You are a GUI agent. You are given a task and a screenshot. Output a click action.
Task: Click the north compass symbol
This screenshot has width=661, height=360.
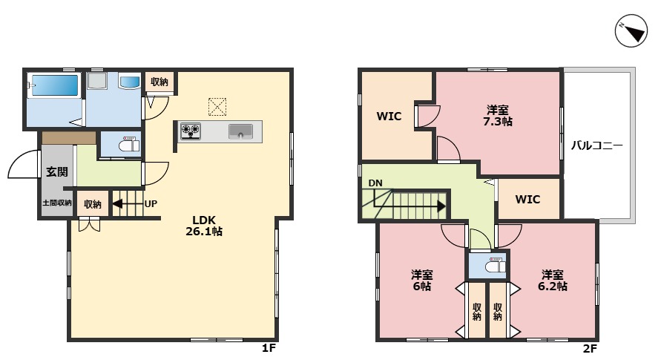pos(631,30)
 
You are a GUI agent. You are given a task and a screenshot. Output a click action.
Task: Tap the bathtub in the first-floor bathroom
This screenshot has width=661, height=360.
pos(55,85)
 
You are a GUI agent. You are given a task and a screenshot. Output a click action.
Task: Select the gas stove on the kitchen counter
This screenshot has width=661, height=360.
pos(190,131)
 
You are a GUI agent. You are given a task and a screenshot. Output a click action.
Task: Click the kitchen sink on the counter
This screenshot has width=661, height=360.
pos(240,131)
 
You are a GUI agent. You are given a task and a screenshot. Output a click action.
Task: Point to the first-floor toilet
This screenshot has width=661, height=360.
pos(128,144)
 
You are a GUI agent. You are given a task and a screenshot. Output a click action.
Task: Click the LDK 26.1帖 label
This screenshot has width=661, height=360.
pos(204,226)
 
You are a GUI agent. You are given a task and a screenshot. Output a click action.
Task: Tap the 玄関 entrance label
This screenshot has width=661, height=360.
pos(57,171)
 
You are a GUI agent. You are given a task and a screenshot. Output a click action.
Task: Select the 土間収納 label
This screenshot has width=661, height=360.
pos(57,203)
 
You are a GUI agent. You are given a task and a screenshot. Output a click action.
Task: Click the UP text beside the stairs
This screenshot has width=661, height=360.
pos(151,204)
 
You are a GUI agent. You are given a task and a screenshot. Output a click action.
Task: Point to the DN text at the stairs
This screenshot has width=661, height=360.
pos(375,183)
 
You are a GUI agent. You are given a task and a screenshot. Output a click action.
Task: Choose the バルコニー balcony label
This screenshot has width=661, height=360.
pos(597,145)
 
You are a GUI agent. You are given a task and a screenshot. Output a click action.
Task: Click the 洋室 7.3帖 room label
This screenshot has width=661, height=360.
pos(498,116)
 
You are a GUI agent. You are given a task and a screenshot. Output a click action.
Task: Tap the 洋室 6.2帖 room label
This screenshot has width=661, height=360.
pos(552,281)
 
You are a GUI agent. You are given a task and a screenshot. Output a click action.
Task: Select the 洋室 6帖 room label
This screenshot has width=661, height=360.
pos(421,281)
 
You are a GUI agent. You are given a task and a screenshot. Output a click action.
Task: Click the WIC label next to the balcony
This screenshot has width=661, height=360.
pos(527,199)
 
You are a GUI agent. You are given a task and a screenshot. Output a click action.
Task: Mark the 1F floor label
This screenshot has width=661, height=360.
pos(269,348)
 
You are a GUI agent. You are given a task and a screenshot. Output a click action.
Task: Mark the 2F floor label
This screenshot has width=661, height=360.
pos(591,349)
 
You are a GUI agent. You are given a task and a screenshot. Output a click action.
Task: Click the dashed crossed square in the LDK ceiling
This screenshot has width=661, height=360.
pos(217,107)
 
